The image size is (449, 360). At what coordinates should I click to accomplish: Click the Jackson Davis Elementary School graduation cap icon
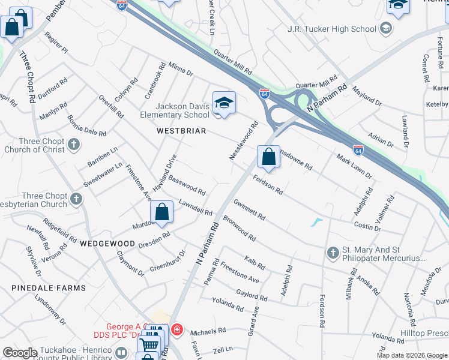(x=224, y=103)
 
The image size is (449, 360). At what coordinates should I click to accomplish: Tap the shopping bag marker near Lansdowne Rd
(x=269, y=157)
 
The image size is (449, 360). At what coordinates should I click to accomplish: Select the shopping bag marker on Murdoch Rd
(x=161, y=212)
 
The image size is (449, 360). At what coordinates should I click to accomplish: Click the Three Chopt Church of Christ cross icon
(x=74, y=144)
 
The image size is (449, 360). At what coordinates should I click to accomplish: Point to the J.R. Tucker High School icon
(x=385, y=28)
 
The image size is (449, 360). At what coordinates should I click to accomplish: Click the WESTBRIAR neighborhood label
(x=181, y=130)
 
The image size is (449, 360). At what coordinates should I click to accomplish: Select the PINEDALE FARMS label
(x=48, y=288)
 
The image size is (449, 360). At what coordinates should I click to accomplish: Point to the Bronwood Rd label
(x=239, y=227)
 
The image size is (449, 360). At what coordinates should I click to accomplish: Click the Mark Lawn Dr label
(x=354, y=167)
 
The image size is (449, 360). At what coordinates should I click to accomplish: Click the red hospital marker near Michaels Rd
(x=176, y=329)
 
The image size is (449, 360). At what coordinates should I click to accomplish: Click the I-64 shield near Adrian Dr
(x=358, y=149)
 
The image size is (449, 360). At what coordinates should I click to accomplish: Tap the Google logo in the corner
(x=20, y=353)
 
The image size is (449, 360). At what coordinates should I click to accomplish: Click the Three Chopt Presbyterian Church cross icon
(x=76, y=198)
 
